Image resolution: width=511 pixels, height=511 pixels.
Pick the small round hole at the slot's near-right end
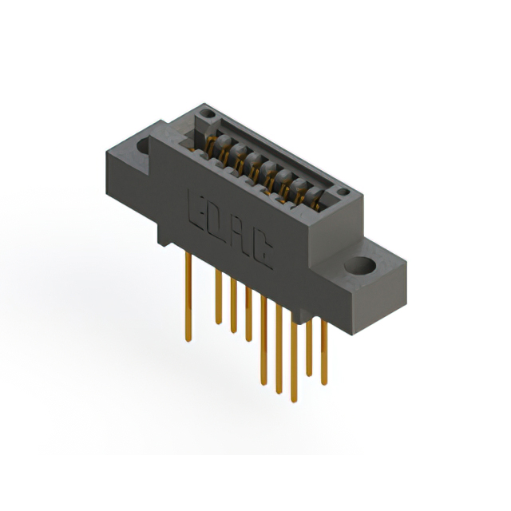342,192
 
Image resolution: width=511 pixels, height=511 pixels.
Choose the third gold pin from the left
233,303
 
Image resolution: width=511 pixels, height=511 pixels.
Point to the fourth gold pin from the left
248,311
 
